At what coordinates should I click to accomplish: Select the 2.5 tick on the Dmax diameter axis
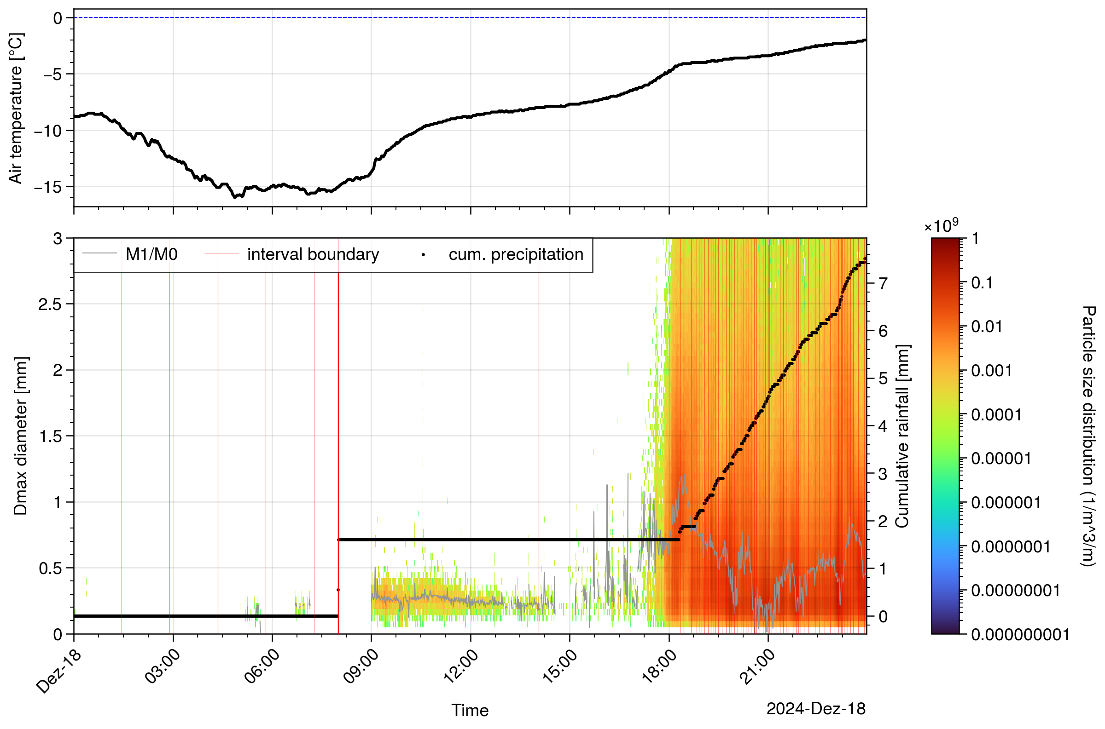[x=51, y=304]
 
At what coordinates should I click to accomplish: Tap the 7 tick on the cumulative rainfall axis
[x=883, y=283]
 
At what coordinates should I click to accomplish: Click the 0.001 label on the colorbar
[x=991, y=371]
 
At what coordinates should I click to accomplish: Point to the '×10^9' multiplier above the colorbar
[x=941, y=226]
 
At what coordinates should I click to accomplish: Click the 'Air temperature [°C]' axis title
[x=16, y=109]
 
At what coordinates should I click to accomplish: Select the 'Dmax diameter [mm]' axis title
[x=20, y=436]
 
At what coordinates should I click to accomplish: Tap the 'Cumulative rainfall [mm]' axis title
[x=902, y=436]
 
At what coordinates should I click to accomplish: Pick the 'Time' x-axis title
[x=470, y=711]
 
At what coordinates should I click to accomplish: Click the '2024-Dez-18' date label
[x=815, y=709]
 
